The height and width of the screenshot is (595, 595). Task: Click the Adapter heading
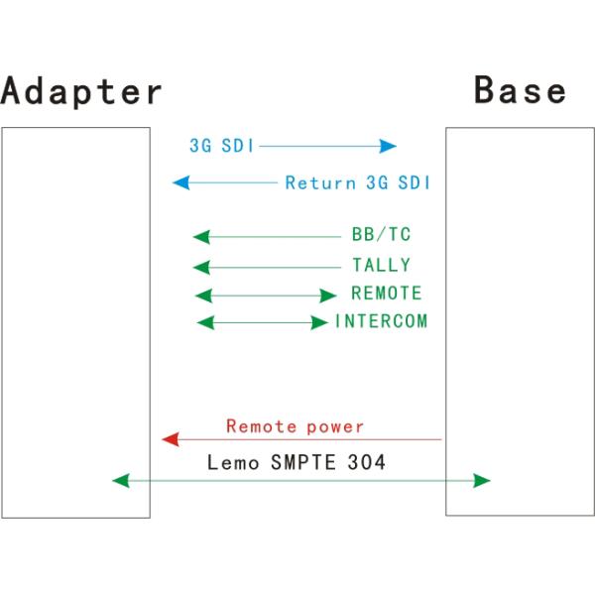81,91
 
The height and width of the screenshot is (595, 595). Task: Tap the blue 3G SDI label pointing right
221,146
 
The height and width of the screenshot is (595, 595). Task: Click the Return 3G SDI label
358,183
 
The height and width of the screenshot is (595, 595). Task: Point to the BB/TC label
381,236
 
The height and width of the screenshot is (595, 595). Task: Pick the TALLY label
381,266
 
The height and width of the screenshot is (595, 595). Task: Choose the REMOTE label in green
386,295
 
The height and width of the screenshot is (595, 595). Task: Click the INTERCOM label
382,322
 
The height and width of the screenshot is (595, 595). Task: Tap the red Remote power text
295,427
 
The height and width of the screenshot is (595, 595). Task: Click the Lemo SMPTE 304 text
297,461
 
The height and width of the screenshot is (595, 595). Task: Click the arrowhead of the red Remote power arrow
170,438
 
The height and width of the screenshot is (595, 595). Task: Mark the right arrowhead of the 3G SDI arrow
389,147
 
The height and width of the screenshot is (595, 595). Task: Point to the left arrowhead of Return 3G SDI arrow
179,182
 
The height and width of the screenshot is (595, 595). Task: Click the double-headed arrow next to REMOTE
266,296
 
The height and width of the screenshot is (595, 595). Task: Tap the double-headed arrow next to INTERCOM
262,322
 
